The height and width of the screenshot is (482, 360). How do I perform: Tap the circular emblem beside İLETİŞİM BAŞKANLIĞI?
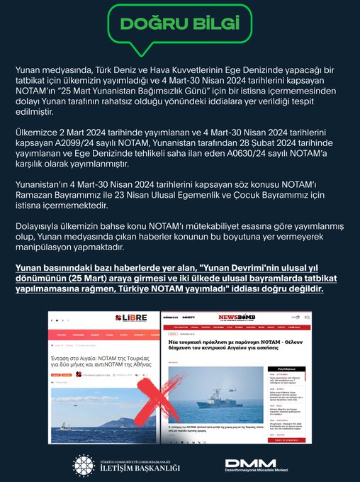pyautogui.click(x=84, y=465)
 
